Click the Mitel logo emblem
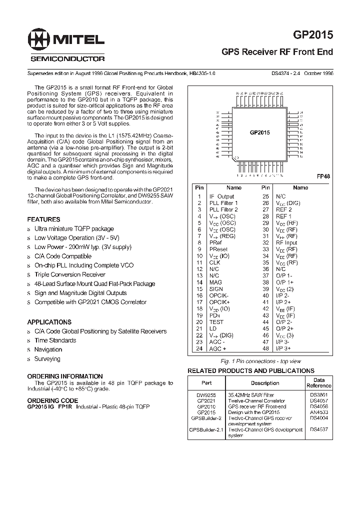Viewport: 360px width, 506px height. [39, 39]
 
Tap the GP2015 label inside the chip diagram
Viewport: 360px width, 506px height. [259, 132]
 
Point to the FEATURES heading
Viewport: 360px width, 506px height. [43, 219]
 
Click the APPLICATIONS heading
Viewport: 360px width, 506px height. [49, 322]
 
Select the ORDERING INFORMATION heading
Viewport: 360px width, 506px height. [65, 376]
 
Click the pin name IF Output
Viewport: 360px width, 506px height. [221, 196]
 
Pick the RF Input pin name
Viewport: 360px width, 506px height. [286, 242]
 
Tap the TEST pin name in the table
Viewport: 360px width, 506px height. [216, 322]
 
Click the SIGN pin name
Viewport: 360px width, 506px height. [216, 289]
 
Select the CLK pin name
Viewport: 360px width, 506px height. [214, 262]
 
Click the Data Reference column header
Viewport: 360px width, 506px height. [318, 382]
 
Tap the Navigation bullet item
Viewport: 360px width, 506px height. [48, 349]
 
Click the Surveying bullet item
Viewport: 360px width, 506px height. [47, 359]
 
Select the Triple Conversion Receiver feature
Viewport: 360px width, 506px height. [69, 274]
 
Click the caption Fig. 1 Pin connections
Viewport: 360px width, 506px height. [260, 361]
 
